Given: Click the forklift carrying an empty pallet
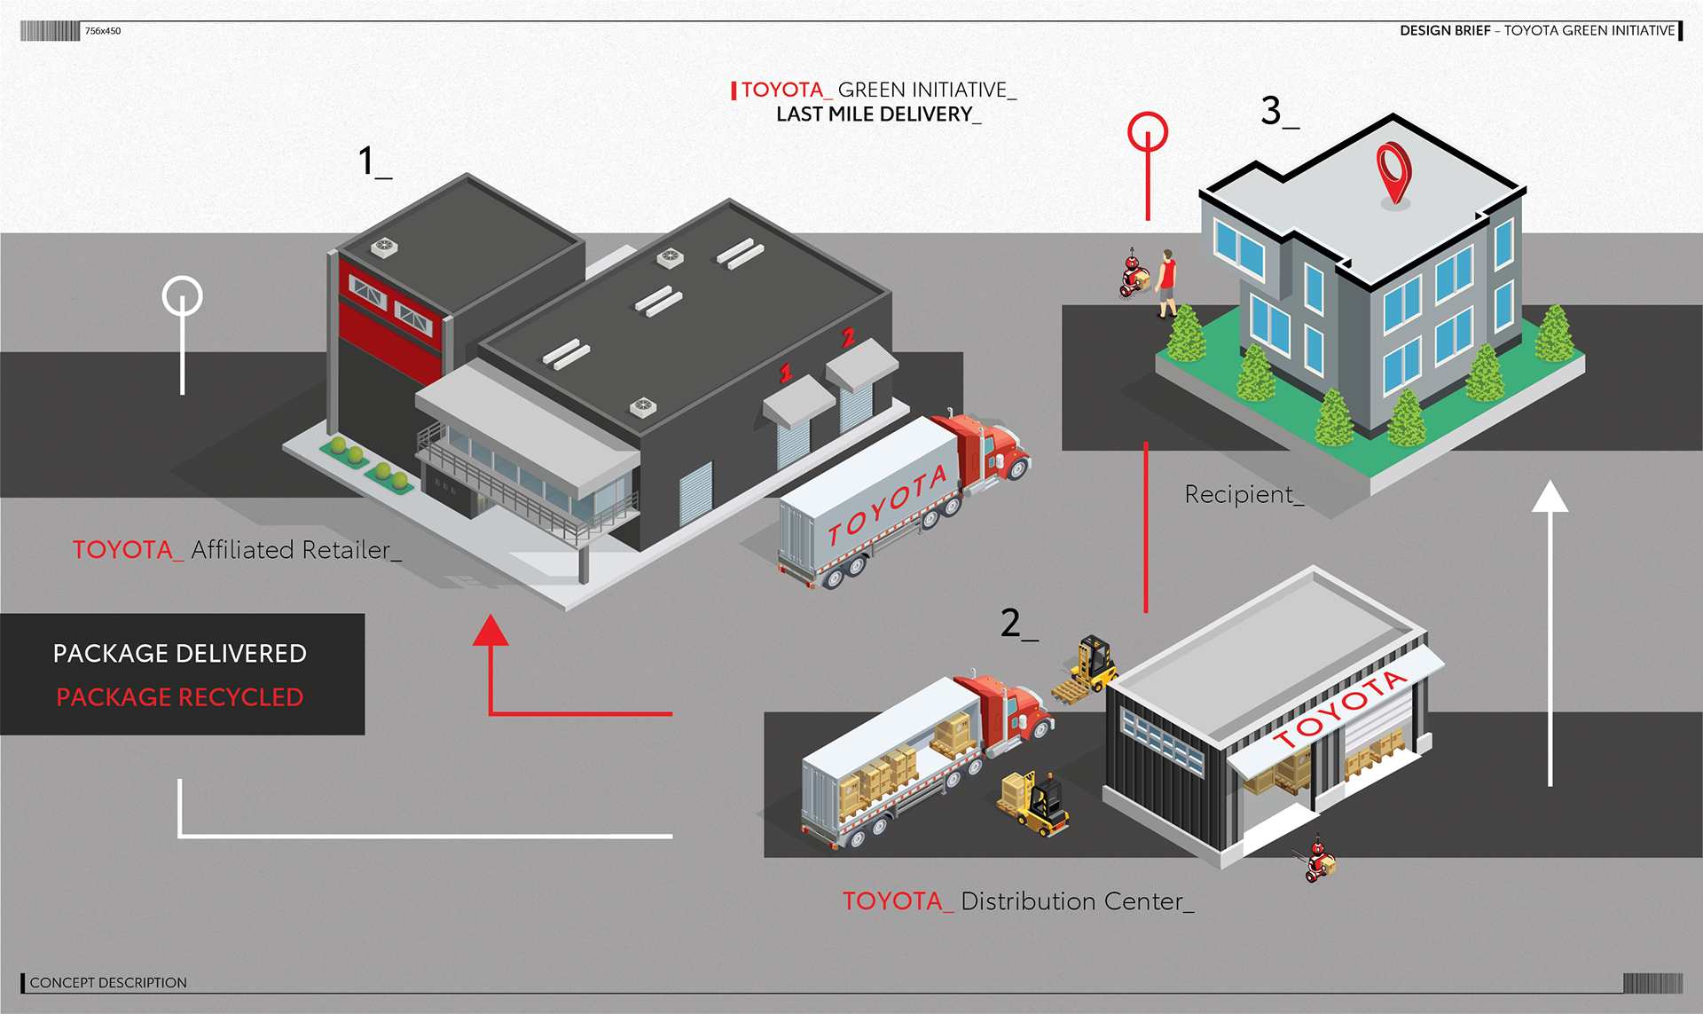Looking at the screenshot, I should point(1089,670).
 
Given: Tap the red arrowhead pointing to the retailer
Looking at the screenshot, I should point(490,631).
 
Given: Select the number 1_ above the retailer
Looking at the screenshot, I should point(373,162).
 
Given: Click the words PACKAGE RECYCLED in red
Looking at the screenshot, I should point(180,697).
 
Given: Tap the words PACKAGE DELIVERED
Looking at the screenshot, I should point(180,654).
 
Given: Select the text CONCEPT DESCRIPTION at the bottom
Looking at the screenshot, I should point(108,982).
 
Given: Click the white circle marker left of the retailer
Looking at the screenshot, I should point(183,296).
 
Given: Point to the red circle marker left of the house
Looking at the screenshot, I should point(1147,132).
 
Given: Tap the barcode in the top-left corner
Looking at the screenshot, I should point(50,31).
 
